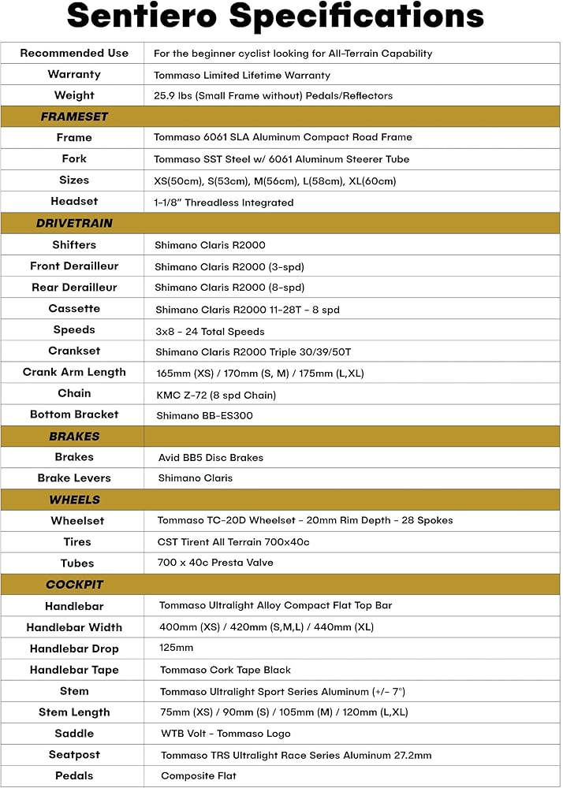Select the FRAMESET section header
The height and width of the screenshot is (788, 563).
tap(74, 117)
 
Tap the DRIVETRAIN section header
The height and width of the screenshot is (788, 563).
tap(74, 223)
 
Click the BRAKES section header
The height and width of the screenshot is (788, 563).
tap(74, 436)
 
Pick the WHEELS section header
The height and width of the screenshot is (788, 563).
tap(74, 500)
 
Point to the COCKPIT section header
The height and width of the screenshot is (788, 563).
tap(74, 585)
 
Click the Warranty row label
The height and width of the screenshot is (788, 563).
tap(74, 75)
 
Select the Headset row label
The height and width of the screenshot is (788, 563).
tap(74, 202)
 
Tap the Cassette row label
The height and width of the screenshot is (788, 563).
tap(74, 308)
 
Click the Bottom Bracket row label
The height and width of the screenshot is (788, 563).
tap(74, 414)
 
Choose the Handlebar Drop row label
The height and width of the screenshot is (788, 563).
tap(74, 649)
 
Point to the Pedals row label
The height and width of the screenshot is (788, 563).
tap(74, 776)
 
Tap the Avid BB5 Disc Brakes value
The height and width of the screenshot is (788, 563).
tap(211, 458)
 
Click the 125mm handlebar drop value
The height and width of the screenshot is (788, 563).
tap(176, 649)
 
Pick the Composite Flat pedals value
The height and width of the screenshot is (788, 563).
tap(199, 776)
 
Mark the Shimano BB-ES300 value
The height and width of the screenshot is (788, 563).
tap(203, 415)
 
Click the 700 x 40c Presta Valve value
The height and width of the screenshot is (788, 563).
tap(215, 563)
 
